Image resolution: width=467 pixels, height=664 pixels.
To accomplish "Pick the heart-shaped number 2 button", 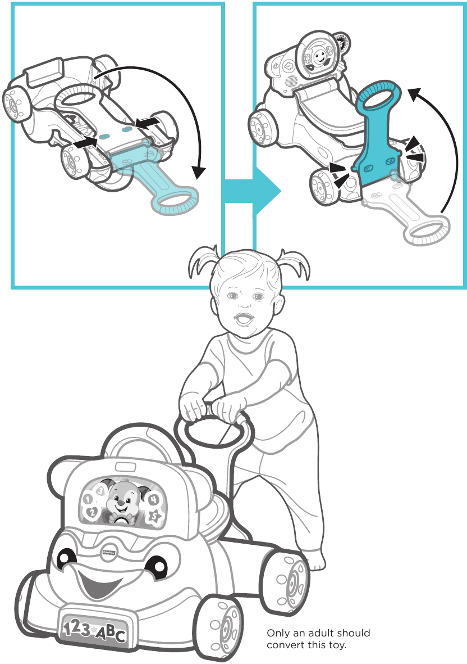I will pos(91,512).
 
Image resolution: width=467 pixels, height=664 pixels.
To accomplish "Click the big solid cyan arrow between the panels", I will pos(253,191).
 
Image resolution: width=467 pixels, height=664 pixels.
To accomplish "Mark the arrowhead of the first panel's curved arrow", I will pos(197,172).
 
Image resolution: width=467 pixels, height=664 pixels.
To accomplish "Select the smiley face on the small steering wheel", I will pos(319,56).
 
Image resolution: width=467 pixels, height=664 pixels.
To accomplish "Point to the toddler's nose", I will pos(242,306).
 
